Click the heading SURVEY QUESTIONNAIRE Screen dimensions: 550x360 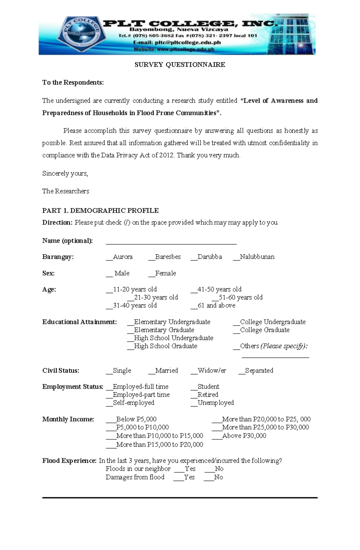(x=180, y=65)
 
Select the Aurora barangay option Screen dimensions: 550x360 (x=119, y=257)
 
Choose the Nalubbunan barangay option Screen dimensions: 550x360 (x=253, y=257)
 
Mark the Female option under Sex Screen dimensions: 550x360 (x=162, y=273)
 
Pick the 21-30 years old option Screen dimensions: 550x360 (x=152, y=297)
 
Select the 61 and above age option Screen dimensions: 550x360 (x=213, y=305)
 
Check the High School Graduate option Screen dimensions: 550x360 (x=162, y=346)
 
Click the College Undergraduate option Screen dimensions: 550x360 (x=269, y=322)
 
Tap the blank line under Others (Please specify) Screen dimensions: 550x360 (x=275, y=357)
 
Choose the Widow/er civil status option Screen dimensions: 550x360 (x=208, y=371)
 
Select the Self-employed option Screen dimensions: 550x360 (x=130, y=403)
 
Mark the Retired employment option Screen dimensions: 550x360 (x=204, y=395)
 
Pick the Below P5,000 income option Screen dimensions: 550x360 (x=131, y=419)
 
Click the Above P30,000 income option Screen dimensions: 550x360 (x=239, y=436)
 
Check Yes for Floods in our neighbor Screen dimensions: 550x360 (x=185, y=469)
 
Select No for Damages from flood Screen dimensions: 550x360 (x=213, y=477)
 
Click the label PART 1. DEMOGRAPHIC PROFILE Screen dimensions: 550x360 (x=100, y=211)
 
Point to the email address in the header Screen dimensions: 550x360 (x=177, y=43)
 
